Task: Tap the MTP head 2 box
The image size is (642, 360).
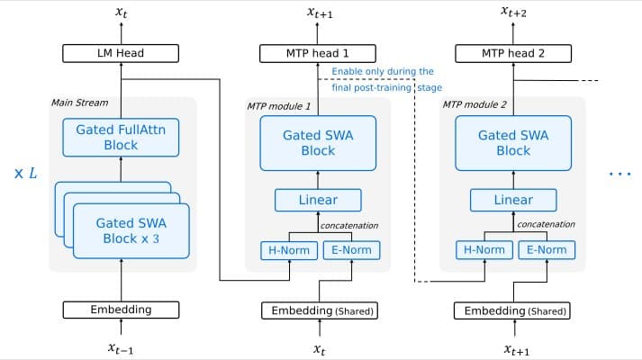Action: click(513, 53)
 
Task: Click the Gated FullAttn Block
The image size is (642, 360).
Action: click(121, 137)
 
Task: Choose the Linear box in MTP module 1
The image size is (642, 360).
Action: click(318, 200)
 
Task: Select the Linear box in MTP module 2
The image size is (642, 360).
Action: click(513, 200)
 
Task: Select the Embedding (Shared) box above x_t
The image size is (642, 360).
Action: click(319, 310)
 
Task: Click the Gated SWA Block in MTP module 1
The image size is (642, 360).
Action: click(318, 142)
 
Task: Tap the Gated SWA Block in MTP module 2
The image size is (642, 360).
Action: click(513, 142)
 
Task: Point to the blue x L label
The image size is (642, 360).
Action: click(25, 172)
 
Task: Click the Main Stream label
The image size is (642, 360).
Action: click(79, 102)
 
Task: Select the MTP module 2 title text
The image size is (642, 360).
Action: click(475, 105)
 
